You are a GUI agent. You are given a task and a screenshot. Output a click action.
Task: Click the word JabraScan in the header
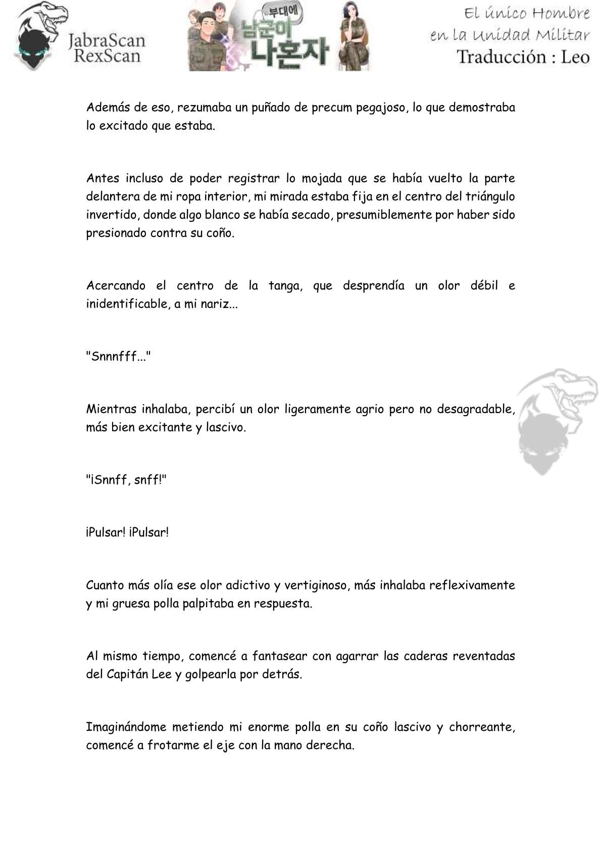click(x=106, y=40)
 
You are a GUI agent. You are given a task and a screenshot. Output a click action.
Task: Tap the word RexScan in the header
click(x=107, y=56)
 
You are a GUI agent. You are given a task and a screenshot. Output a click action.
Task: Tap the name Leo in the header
click(x=575, y=57)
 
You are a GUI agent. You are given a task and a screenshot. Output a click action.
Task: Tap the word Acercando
click(x=116, y=286)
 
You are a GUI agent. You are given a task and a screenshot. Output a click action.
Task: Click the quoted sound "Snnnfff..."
click(x=118, y=357)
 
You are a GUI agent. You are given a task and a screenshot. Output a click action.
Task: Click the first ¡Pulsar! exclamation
click(x=105, y=532)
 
